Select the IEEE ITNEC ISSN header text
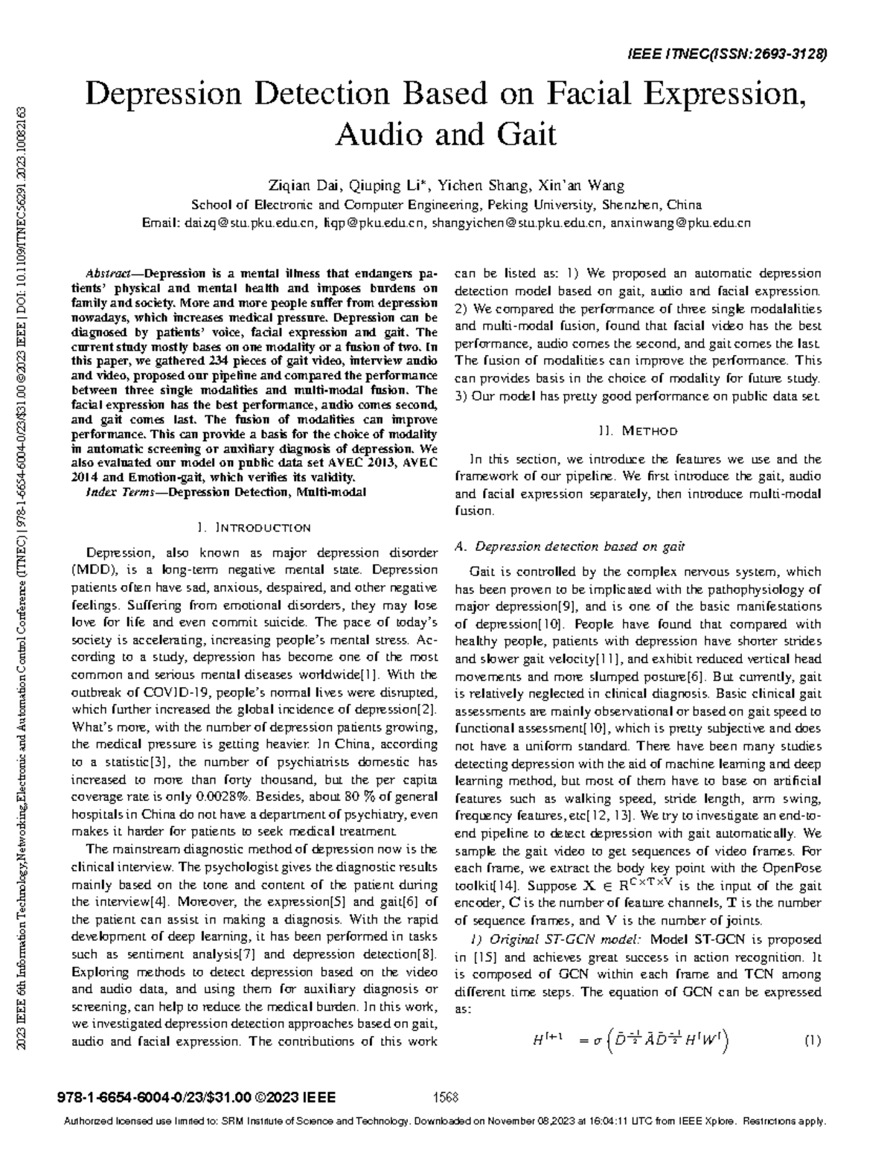728,54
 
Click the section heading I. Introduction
255,528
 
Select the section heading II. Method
638,430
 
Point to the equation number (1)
812,1041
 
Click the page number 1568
445,1097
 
